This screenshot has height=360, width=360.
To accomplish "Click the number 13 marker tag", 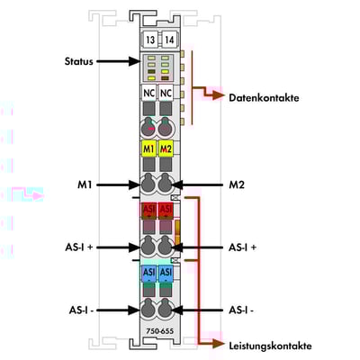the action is [x=150, y=40].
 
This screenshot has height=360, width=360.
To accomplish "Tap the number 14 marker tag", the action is [x=169, y=40].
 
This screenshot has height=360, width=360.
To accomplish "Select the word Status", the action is [x=79, y=61].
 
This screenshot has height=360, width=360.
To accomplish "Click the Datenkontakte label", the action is [x=264, y=98].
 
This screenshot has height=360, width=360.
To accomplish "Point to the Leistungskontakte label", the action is [x=270, y=346].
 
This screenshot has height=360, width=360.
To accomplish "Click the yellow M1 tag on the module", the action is [x=148, y=148].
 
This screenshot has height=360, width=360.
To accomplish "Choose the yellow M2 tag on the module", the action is [x=166, y=148].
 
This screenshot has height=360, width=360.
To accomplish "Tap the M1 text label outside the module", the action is [x=85, y=184].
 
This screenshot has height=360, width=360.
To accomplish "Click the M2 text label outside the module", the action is [x=237, y=184].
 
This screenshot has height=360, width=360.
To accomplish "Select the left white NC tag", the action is [x=148, y=93].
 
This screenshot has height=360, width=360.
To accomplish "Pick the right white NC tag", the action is [x=166, y=93].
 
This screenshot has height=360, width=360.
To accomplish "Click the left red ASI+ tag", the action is [x=148, y=211].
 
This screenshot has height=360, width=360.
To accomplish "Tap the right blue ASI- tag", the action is [x=166, y=274].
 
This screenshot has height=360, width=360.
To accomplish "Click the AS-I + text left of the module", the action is [x=79, y=247].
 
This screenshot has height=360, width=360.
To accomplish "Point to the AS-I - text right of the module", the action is [x=241, y=310].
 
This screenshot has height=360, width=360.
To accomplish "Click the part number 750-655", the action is [x=160, y=331].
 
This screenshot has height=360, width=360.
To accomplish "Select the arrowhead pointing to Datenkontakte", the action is [x=219, y=95].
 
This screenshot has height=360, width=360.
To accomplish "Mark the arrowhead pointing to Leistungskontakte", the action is [x=219, y=344].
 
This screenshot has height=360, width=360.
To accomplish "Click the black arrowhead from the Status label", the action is [x=134, y=61].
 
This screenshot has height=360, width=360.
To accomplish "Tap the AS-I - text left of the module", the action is [x=81, y=310].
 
